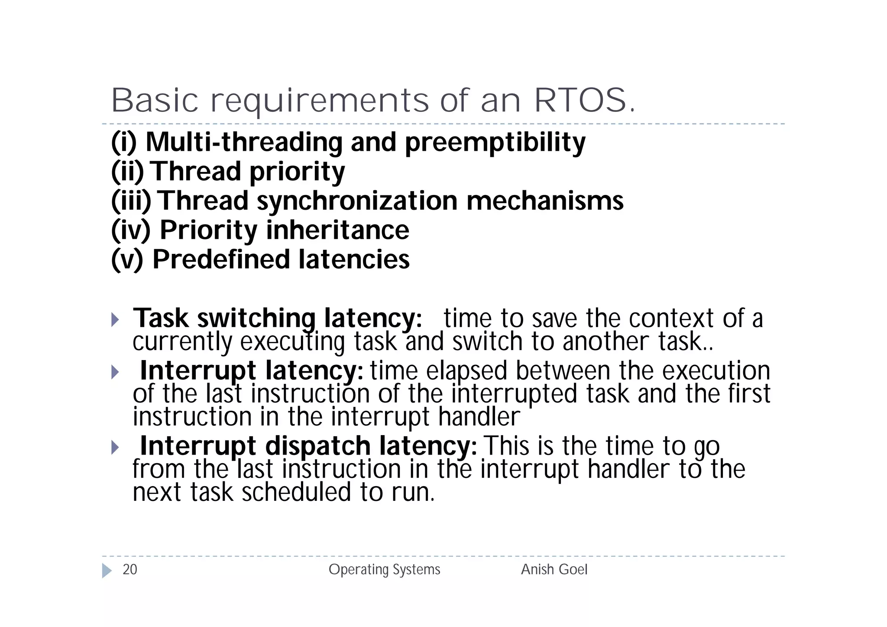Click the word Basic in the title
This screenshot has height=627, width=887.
155,101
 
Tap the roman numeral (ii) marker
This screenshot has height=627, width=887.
127,172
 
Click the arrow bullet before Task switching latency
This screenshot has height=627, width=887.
115,320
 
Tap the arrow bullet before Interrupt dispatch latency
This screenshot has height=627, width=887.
115,447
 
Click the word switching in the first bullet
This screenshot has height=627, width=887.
256,318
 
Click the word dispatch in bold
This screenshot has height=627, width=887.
317,446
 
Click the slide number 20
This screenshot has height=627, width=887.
130,569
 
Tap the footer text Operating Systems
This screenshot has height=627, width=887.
384,569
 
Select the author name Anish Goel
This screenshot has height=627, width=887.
554,569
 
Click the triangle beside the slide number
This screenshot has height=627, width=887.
107,570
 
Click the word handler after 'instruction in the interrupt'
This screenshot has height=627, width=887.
479,417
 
